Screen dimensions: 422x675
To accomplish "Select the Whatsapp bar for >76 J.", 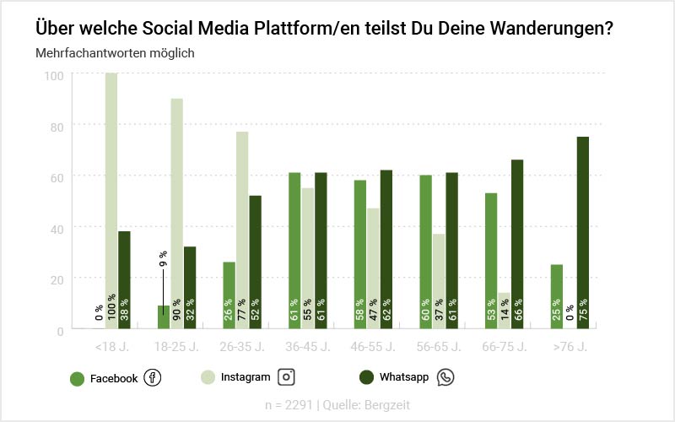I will pyautogui.click(x=583, y=232).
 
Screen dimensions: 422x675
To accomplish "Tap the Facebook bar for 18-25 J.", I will pyautogui.click(x=164, y=316).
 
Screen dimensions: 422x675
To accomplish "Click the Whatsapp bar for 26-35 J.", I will pyautogui.click(x=255, y=262).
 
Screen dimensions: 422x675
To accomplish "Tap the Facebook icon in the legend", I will pyautogui.click(x=153, y=378).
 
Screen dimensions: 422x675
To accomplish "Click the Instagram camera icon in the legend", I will pyautogui.click(x=287, y=377).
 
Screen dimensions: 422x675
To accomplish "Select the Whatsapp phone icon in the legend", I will pyautogui.click(x=445, y=377).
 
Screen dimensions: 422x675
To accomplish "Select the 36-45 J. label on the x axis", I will pyautogui.click(x=307, y=346).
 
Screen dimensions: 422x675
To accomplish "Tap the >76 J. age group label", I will pyautogui.click(x=570, y=346).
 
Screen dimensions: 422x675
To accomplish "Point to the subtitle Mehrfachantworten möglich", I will pyautogui.click(x=116, y=53).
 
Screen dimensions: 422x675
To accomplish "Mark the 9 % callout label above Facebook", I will pyautogui.click(x=163, y=258).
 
